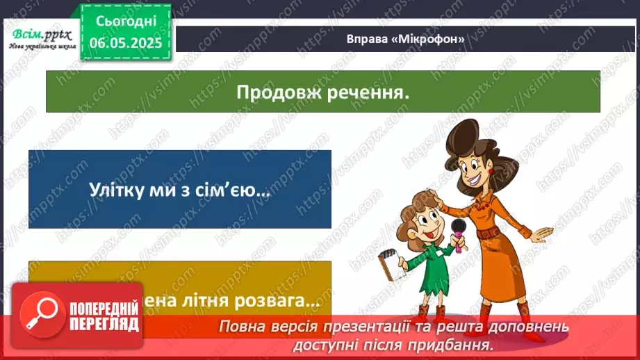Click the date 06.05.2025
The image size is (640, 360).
pos(125,43)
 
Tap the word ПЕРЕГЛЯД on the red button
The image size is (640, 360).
pos(104,324)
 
